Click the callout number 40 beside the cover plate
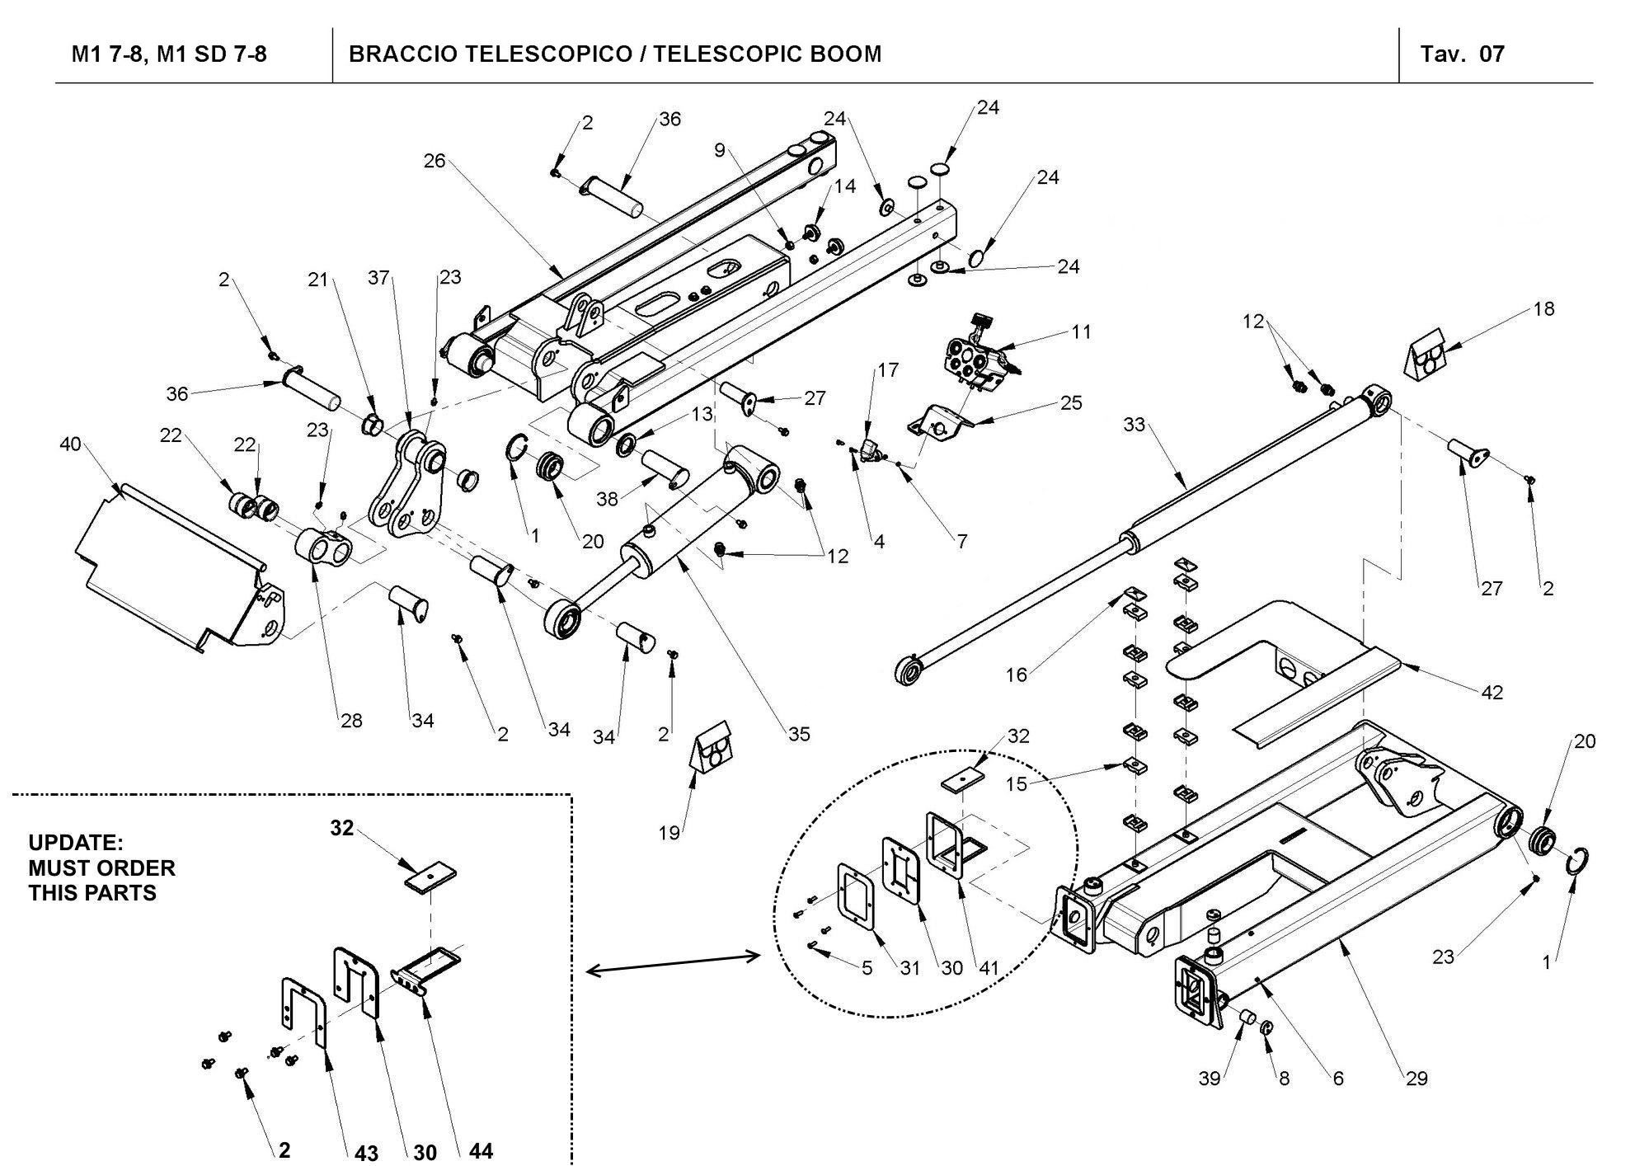coord(70,444)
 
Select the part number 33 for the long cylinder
coord(1135,425)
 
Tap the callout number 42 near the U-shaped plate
coord(1492,693)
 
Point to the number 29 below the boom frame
coord(1416,1079)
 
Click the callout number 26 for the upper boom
coord(435,161)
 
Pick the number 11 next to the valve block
coord(1082,331)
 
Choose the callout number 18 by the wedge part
coord(1543,308)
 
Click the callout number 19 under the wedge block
coord(669,833)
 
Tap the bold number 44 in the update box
coord(481,1150)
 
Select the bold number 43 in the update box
coord(366,1152)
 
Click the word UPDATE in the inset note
coord(75,843)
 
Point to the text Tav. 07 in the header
coord(1462,54)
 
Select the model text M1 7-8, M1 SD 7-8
coord(169,54)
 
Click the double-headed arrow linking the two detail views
coord(672,963)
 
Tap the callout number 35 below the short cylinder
coord(799,734)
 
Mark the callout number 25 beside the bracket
coord(1071,403)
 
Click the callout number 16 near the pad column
coord(1017,675)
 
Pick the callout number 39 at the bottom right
coord(1209,1079)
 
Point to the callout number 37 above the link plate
coord(378,278)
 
